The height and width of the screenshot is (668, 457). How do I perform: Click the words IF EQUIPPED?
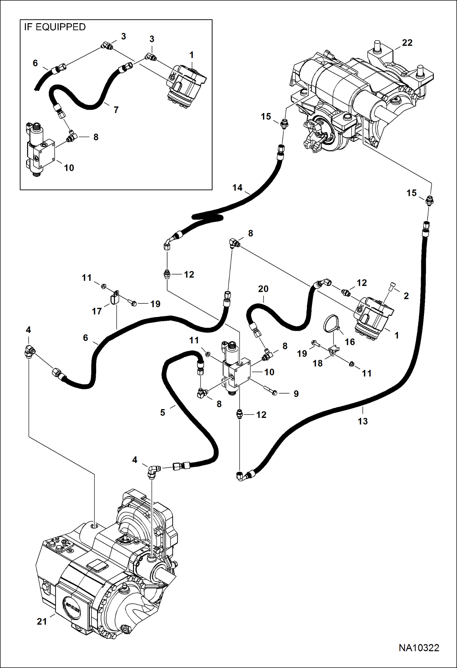pos(55,27)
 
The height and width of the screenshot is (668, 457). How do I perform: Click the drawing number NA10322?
pos(419,648)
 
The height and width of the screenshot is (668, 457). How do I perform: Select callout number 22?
pos(407,43)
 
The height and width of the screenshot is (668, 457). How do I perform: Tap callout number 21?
pos(42,621)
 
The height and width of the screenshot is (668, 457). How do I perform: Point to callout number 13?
pos(363,421)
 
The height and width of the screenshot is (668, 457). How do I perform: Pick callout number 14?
pos(237,188)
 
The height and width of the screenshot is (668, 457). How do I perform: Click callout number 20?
pos(263,289)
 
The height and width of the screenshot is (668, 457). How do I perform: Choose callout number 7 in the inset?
pos(116,110)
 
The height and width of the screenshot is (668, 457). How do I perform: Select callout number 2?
pos(406,296)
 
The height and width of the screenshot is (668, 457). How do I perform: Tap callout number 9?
pos(296,394)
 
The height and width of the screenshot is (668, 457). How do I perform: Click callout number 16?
pos(350,342)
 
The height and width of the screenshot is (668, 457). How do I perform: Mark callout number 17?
pos(97,311)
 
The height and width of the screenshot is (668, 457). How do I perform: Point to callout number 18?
pos(318,363)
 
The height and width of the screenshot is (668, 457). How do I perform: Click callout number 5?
pos(163,412)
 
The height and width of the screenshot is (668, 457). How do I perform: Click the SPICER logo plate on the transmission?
pos(73,607)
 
